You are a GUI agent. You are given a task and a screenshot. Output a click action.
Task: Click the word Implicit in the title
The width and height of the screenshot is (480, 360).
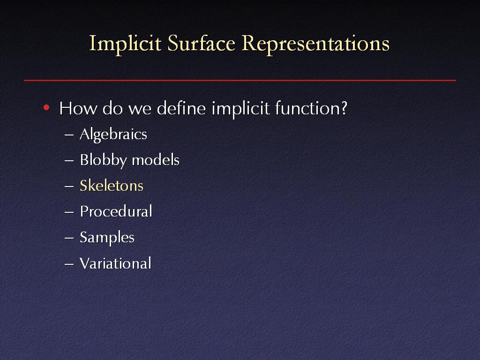[125, 44]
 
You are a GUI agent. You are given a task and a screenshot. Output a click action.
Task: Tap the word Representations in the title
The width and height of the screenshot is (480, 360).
[315, 44]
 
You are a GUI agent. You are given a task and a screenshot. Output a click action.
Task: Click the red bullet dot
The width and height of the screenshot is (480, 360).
[46, 107]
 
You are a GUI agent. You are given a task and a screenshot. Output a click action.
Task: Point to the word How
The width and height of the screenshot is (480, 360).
[78, 108]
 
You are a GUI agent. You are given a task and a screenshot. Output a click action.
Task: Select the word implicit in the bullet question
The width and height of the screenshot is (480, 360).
[240, 109]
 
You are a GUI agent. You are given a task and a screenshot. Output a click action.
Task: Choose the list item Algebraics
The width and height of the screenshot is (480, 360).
[113, 135]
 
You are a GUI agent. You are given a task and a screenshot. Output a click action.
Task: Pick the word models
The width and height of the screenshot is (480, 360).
[156, 160]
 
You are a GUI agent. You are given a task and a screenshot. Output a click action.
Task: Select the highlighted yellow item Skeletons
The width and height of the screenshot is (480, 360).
[112, 186]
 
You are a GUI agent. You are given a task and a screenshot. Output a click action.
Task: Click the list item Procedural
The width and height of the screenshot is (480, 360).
[116, 211]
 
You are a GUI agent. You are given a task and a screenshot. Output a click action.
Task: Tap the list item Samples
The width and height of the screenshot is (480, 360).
[107, 238]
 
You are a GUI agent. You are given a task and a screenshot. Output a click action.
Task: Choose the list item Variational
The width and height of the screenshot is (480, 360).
[115, 263]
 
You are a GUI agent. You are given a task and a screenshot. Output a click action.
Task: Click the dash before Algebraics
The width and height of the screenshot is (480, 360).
[69, 135]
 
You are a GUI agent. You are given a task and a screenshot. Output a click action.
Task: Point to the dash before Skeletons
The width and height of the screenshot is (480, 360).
[69, 186]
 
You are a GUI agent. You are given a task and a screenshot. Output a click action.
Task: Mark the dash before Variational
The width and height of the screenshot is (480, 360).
[69, 264]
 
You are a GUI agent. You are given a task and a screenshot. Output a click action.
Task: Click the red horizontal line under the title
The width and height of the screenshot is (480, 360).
[240, 80]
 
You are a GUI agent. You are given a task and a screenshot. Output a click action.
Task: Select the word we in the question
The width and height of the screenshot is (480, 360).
[140, 110]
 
